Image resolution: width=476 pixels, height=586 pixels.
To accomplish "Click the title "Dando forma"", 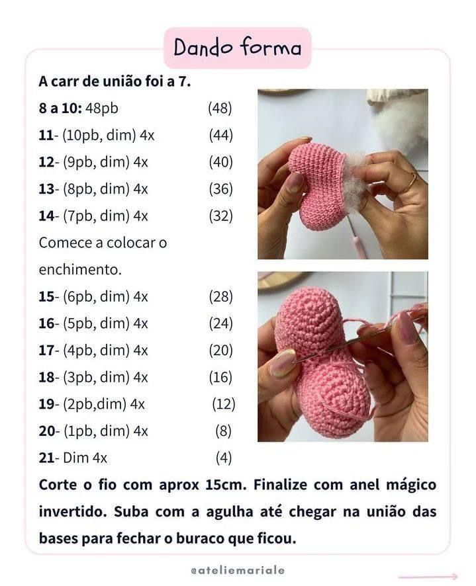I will pos(237,48).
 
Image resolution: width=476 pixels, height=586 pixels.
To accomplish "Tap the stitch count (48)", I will pos(220,108).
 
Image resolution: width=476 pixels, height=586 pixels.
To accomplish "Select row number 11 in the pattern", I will pos(46,135).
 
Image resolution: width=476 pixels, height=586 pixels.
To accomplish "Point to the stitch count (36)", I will pos(221,189).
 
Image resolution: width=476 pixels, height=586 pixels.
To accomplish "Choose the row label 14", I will pos(46,216).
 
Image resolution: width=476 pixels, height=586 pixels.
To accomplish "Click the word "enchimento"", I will pos(79,270).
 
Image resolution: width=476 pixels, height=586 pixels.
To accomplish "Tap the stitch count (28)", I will pos(221,296).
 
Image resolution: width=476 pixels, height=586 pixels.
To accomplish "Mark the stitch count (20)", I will pos(221,350).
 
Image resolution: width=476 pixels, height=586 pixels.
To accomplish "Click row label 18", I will pos(46,377).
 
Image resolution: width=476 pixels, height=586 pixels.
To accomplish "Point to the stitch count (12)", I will pos(224,403).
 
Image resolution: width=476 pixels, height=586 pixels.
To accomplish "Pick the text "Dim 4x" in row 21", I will pos(85,457).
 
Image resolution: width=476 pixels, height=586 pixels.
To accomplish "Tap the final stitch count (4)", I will pos(224,457).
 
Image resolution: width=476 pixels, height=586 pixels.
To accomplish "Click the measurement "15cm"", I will pos(222,485).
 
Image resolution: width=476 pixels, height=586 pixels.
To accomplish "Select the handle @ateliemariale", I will pos(237,569).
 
